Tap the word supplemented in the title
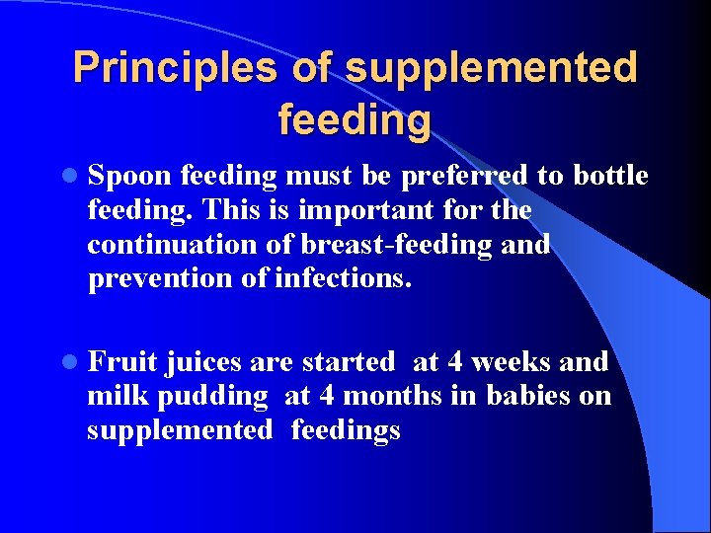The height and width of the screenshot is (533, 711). (491, 68)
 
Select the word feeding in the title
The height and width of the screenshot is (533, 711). (355, 121)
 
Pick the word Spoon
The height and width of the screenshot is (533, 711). (129, 177)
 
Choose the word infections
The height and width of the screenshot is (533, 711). (342, 279)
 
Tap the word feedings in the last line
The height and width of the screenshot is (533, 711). (345, 431)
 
